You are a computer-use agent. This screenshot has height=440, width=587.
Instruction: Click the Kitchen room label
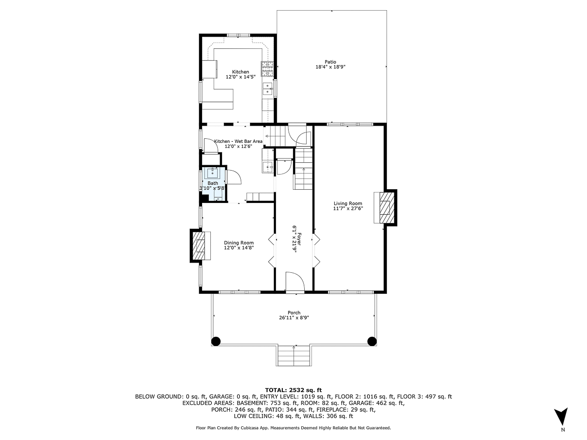click(x=240, y=72)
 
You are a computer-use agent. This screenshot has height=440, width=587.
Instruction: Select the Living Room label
click(x=348, y=203)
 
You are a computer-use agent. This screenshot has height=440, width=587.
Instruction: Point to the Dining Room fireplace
click(x=200, y=246)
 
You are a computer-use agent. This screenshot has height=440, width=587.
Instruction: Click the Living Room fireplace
click(x=385, y=207)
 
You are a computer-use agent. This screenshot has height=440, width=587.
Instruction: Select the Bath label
click(x=213, y=183)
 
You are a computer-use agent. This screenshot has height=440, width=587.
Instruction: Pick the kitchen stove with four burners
click(x=267, y=68)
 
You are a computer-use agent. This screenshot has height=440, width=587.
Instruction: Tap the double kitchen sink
click(x=268, y=88)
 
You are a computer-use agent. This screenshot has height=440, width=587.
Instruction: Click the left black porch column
click(x=216, y=341)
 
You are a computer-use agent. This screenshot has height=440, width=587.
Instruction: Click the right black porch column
click(x=372, y=341)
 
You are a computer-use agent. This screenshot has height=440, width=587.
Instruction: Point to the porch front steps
click(x=294, y=355)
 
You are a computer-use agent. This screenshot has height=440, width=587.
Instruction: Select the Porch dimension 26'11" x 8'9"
click(x=293, y=318)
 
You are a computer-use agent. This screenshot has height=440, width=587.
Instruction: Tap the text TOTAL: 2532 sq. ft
click(x=293, y=390)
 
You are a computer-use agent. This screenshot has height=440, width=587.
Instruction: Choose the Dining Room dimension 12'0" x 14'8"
click(x=239, y=248)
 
